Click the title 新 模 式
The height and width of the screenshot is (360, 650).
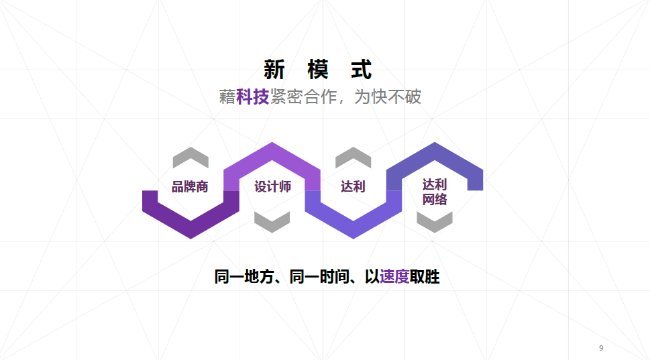pos(317,70)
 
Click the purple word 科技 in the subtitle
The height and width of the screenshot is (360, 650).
pos(252,97)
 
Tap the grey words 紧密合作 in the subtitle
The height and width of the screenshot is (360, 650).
pos(303,97)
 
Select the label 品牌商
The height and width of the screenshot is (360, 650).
pos(190,187)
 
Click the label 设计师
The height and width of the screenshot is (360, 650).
pos(272,187)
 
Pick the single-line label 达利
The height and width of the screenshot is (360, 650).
pos(353,187)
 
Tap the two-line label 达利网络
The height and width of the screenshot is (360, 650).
pos(435,192)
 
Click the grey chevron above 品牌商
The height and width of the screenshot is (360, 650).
pos(191,158)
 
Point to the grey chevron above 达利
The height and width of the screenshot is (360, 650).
pos(353,158)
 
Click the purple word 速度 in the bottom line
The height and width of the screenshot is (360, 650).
pos(394,276)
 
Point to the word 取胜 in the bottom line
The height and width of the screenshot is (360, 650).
pos(425,276)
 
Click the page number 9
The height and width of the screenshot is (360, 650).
pos(601,348)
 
